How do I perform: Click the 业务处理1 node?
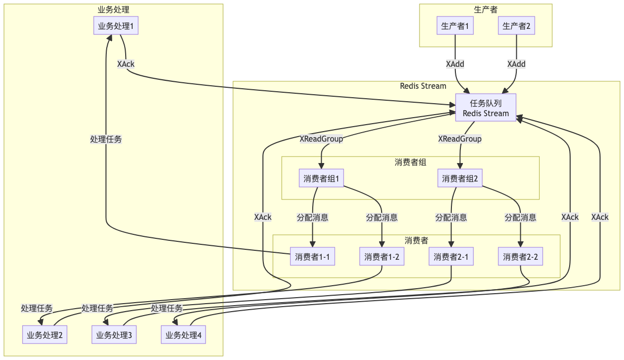(x=116, y=26)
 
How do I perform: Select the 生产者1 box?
(x=455, y=26)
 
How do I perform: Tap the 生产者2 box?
(x=516, y=26)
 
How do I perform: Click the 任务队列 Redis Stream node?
(x=486, y=108)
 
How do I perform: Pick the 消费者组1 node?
(x=322, y=179)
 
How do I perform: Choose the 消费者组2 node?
(x=460, y=179)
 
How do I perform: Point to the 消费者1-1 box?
(x=312, y=257)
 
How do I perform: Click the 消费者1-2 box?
(x=382, y=257)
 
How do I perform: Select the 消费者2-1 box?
(x=451, y=257)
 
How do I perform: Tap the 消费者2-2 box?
(x=520, y=257)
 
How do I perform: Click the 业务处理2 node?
(x=45, y=335)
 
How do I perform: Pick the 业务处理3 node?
(x=114, y=335)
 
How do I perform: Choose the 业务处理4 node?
(x=183, y=335)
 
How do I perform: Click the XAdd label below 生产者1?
(x=455, y=64)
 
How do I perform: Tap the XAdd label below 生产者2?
(x=516, y=64)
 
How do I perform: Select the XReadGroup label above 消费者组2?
(x=460, y=139)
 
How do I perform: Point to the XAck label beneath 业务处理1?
(x=126, y=64)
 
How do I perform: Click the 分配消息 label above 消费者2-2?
(x=520, y=217)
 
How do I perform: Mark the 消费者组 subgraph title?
(x=410, y=162)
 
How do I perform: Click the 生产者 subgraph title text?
(x=485, y=9)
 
